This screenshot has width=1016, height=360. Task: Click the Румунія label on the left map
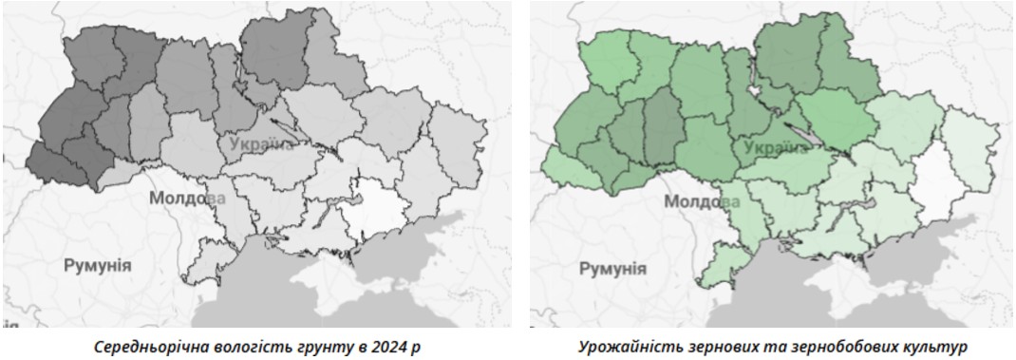(97, 265)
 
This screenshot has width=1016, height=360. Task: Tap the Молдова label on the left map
(187, 199)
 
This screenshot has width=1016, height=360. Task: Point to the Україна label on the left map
(261, 144)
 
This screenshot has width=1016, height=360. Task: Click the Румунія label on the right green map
(612, 268)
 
